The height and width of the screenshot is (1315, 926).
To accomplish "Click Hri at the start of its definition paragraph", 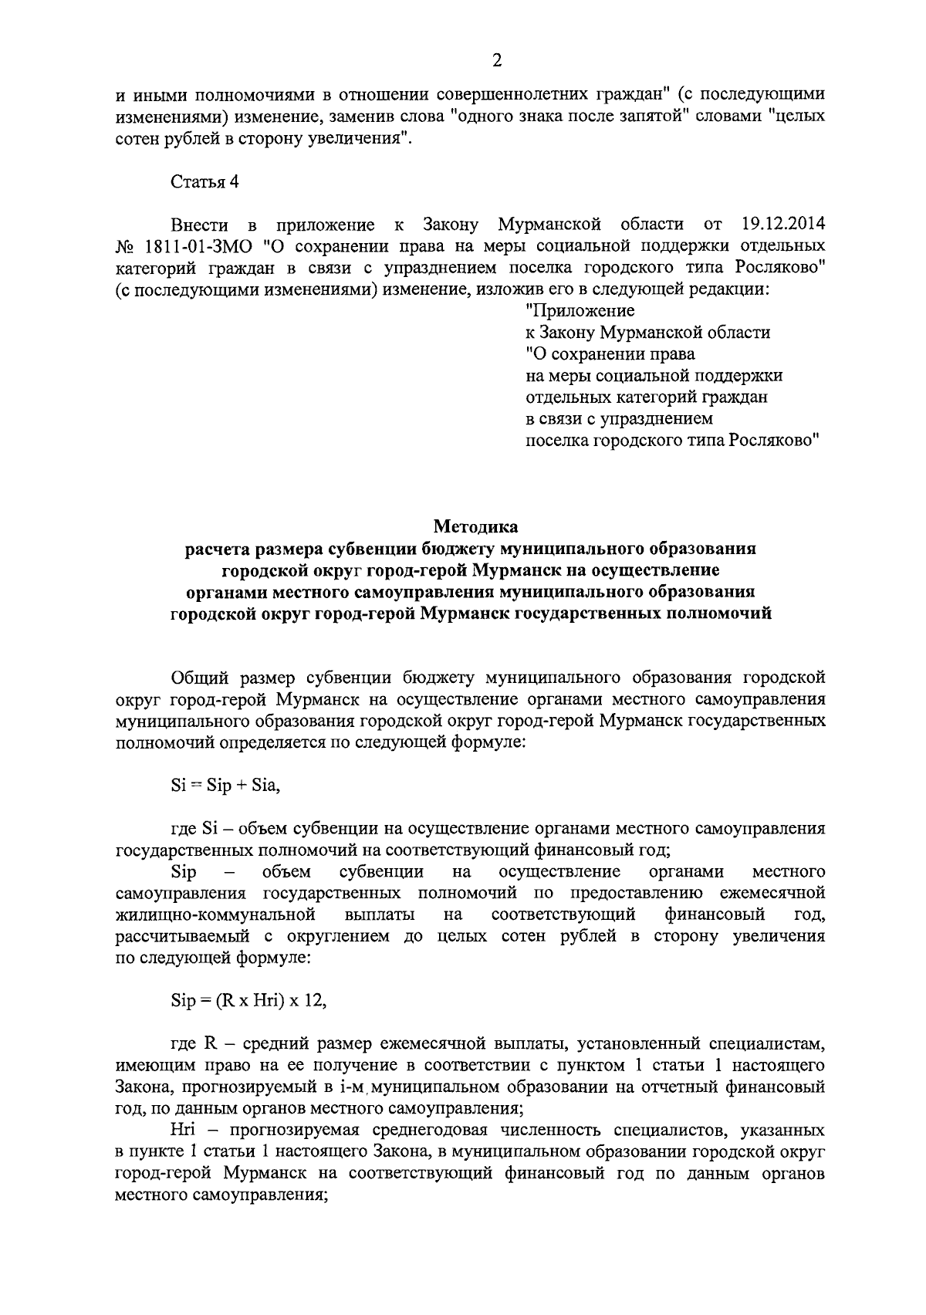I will pos(184,1131).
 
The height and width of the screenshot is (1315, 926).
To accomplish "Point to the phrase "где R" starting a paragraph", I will pos(193,1045).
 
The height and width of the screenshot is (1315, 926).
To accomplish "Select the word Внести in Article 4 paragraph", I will pos(200,225).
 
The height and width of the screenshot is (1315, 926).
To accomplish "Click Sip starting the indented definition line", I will pos(184,872).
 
